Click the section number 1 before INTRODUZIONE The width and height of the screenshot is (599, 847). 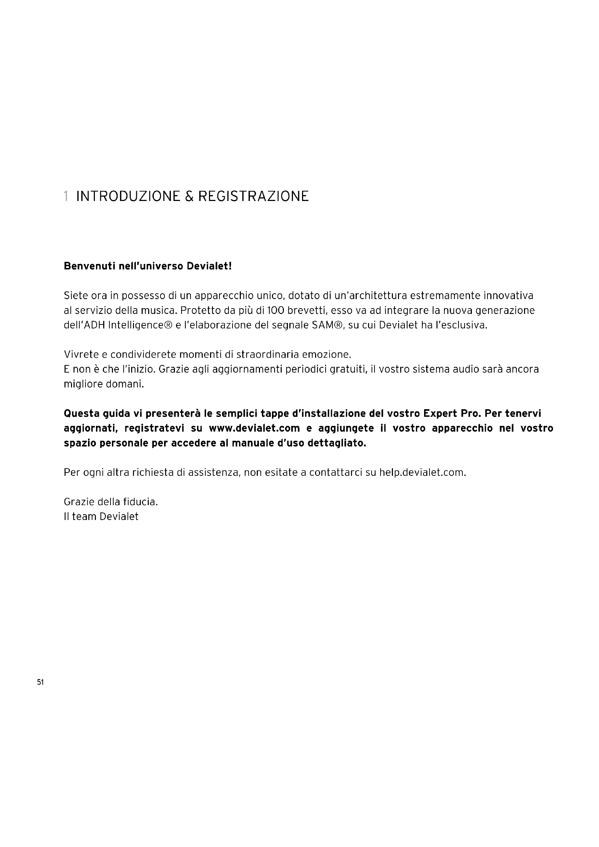[66, 196]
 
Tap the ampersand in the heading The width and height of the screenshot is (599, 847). [189, 196]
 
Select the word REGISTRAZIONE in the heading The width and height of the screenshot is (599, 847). [254, 196]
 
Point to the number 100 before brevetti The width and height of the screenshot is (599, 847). [276, 311]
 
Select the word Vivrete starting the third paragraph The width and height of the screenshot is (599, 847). [81, 355]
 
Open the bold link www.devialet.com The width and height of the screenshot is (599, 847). [254, 428]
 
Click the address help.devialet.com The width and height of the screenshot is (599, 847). [422, 473]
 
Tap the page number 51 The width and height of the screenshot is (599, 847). [41, 683]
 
